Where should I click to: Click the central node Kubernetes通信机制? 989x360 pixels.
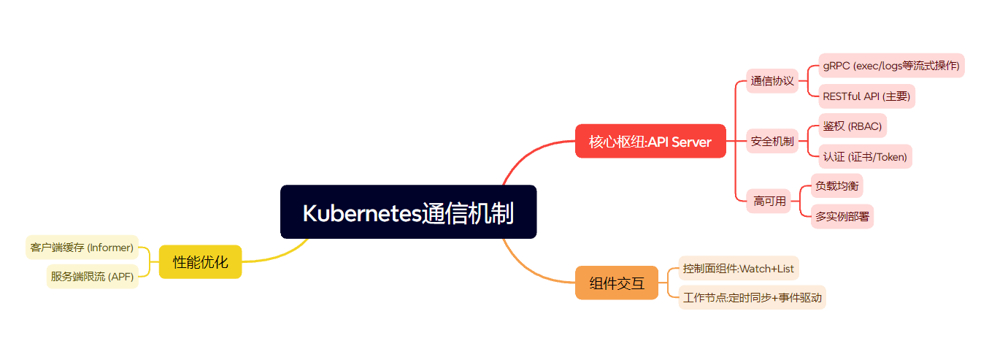[408, 212]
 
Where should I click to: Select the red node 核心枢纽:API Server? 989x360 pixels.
[650, 141]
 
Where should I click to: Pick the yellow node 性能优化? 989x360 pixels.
[200, 261]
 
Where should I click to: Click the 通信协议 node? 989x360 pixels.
[771, 81]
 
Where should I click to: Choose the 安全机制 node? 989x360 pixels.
[771, 141]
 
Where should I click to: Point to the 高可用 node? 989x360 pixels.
[769, 201]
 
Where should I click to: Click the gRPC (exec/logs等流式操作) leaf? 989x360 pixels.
[890, 66]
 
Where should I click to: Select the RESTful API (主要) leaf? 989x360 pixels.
[866, 96]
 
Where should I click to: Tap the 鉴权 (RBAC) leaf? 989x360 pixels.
[852, 126]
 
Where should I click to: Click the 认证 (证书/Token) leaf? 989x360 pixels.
[865, 156]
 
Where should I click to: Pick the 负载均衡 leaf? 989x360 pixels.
[836, 186]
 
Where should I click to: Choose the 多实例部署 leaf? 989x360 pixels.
[842, 216]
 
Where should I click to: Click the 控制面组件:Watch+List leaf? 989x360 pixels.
[738, 268]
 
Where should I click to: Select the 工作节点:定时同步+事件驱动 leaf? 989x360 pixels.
[752, 297]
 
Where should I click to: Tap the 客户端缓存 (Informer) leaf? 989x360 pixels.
[82, 248]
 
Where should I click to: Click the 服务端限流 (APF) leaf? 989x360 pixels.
[92, 277]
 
